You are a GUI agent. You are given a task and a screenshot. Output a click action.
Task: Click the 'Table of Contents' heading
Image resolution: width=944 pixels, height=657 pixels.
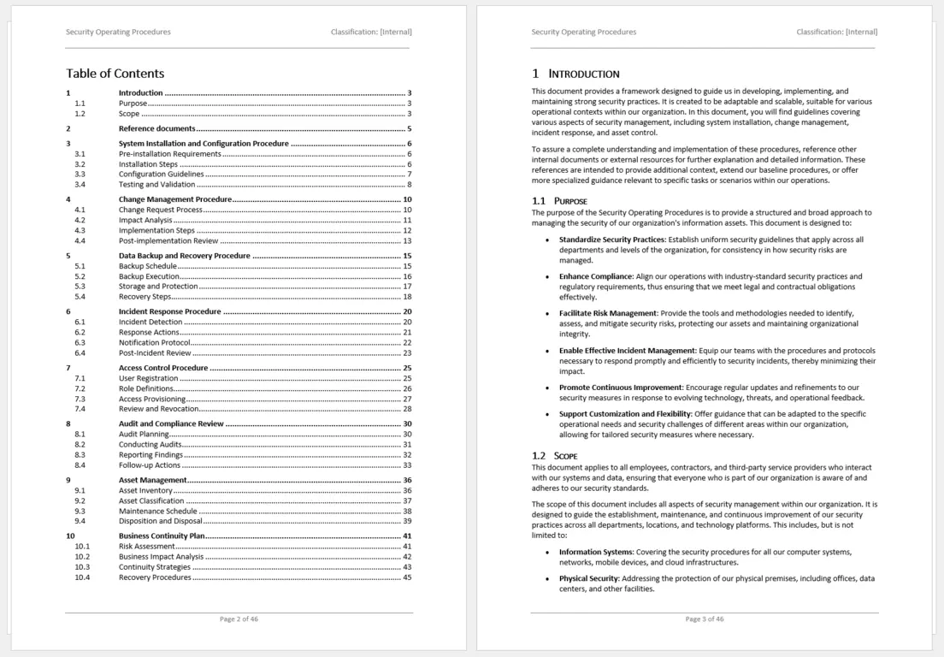(115, 74)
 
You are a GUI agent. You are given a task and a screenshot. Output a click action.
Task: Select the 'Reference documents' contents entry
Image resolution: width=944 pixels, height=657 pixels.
(156, 129)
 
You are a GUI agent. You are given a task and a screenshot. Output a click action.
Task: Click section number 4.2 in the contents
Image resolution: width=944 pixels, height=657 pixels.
(80, 220)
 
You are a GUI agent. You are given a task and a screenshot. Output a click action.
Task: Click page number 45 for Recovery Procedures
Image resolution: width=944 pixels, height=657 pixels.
(407, 577)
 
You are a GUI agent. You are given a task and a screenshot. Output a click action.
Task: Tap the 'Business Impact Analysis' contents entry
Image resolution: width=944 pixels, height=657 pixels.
(161, 556)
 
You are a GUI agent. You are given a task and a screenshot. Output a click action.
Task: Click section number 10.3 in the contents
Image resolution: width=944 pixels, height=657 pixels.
(82, 567)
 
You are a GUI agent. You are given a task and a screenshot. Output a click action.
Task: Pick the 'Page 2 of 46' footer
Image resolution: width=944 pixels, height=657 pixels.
(239, 619)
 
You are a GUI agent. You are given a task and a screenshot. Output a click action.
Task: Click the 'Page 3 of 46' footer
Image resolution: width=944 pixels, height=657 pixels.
(704, 619)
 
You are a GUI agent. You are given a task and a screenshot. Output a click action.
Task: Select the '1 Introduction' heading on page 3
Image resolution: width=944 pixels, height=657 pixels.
(575, 74)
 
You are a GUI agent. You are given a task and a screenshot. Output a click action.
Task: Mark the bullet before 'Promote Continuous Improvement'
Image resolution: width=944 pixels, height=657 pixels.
(546, 388)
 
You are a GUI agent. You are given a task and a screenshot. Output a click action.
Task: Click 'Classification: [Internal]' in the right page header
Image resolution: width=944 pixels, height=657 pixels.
(836, 33)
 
